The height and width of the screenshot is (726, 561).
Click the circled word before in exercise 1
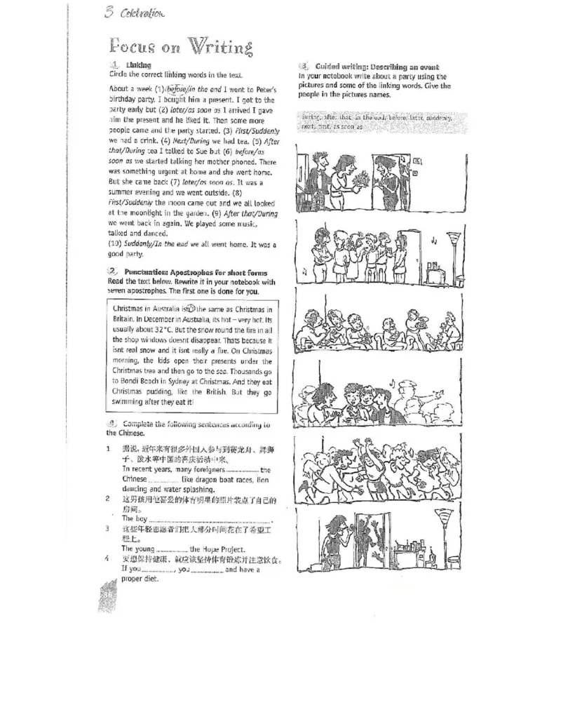pos(175,90)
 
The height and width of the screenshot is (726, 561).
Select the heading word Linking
pos(138,65)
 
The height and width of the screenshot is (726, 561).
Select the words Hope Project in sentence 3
pos(223,549)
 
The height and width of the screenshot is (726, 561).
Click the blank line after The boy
pos(210,520)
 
